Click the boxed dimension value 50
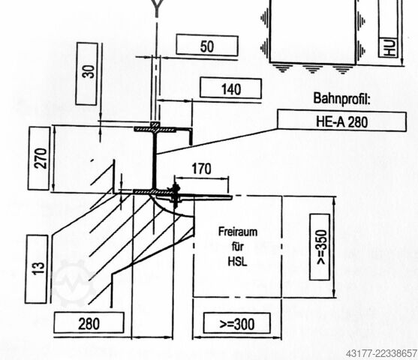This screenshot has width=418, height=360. pos(207,46)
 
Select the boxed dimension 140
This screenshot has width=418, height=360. pos(231,88)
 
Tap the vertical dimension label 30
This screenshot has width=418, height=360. pos(87,73)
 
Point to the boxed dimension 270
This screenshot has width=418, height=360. pos(40,158)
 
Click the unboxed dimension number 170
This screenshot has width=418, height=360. pos(202,169)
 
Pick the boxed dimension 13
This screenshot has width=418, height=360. pos(37,269)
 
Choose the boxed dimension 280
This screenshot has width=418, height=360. pos(89,323)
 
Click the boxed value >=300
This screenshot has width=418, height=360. pos(237,323)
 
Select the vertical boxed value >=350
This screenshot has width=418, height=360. pos(320,247)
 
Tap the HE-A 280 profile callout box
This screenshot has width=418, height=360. pos(342,121)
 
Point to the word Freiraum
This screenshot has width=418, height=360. pos(238,232)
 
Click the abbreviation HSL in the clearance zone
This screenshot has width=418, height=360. pos(238,262)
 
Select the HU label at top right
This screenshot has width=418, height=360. pos(389,48)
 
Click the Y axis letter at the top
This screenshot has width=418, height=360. pos(157,8)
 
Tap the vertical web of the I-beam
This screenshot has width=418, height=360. pos(155,159)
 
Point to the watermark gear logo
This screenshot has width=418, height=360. pos(74,283)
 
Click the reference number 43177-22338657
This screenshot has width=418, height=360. pos(381,354)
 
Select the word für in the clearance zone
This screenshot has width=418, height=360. pos(238,247)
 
